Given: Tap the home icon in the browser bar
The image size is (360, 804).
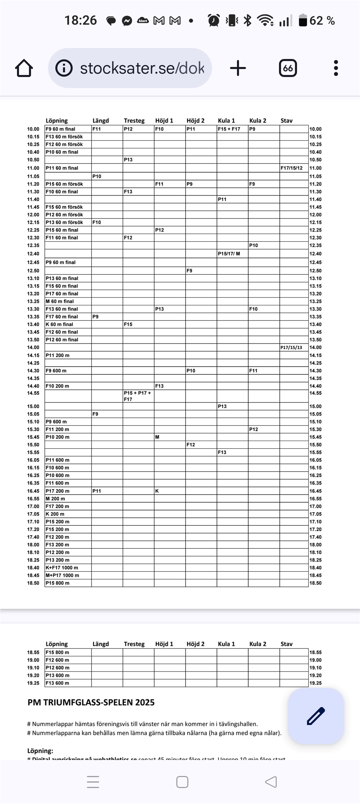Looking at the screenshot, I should (24, 68).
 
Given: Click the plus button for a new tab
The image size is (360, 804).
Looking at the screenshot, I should (238, 68).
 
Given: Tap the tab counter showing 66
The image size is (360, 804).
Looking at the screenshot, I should (288, 68).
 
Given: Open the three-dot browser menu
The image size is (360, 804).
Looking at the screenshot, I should (336, 68).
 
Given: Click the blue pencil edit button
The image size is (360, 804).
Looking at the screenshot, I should (316, 716).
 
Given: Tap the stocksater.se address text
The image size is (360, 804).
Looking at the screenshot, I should (142, 68).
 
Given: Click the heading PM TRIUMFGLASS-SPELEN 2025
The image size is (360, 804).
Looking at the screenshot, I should (91, 702).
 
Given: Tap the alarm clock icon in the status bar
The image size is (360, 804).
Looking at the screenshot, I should (214, 21).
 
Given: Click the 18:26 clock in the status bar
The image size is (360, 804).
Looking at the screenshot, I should (81, 21).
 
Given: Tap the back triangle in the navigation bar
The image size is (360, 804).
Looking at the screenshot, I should (271, 782).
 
